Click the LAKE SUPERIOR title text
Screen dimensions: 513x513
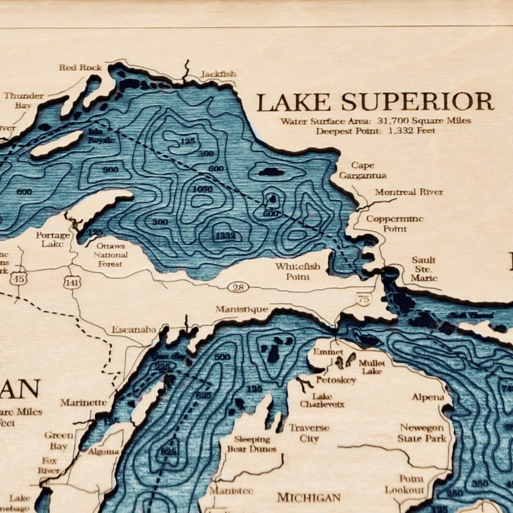374,101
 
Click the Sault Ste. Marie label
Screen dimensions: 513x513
424,269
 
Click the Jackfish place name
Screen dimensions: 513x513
218,74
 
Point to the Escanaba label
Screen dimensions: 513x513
133,329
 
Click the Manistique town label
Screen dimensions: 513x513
241,309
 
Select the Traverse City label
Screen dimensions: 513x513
308,433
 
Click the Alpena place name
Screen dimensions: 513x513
428,397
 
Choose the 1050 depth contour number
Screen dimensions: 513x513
202,189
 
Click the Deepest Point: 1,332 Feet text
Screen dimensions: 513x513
375,130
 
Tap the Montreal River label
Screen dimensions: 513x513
409,192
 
